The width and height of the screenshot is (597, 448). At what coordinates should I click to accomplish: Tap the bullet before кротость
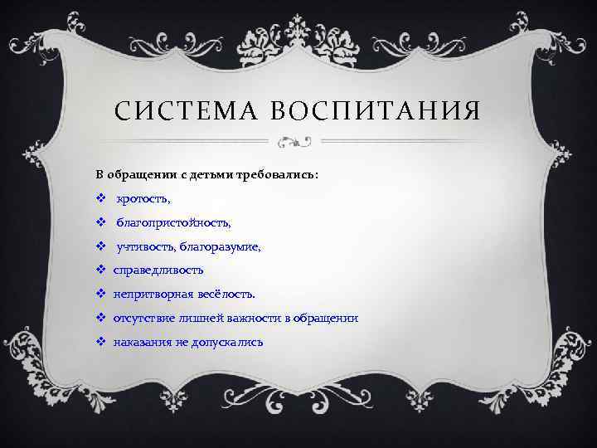(x=99, y=199)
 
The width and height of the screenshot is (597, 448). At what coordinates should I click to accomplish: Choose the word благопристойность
(x=173, y=223)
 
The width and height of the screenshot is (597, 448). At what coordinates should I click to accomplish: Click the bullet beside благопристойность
(x=99, y=223)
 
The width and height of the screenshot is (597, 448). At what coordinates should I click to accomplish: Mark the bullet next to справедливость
(x=99, y=270)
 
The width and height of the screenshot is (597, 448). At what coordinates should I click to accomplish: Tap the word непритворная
(x=151, y=295)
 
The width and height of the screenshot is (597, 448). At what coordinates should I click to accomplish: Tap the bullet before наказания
(x=99, y=342)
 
